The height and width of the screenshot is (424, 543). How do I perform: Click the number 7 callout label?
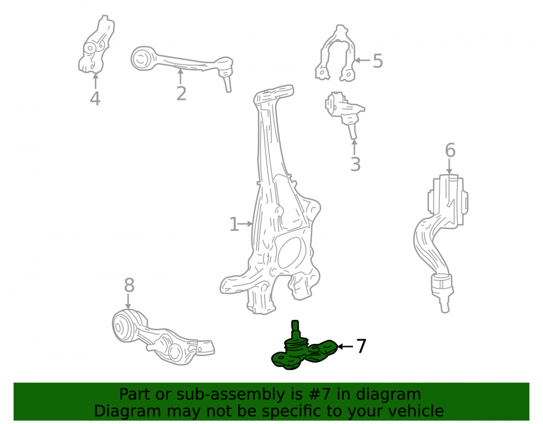(x=361, y=346)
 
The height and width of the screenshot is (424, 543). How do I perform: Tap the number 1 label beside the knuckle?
(x=234, y=224)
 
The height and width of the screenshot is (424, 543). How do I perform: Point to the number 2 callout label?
(x=181, y=93)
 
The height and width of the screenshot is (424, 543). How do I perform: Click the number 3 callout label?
(x=355, y=164)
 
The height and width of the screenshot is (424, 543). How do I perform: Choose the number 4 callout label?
(x=95, y=99)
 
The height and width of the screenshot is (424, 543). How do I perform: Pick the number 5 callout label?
(x=378, y=61)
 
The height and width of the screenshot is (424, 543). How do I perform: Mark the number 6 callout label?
(x=450, y=150)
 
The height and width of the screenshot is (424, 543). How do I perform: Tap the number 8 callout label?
(x=129, y=286)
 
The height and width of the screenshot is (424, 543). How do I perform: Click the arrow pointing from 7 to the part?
(x=345, y=346)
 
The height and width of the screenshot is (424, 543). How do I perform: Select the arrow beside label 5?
(x=363, y=60)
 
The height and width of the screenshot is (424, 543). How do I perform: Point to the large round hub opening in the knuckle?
(x=289, y=252)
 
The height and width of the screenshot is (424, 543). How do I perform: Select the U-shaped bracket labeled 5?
(x=336, y=53)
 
